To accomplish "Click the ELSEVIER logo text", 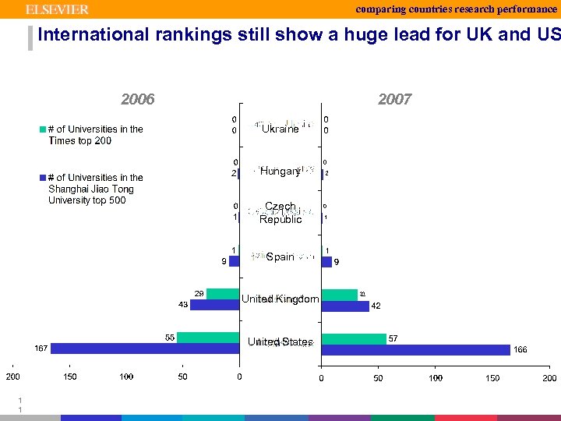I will coord(58,9).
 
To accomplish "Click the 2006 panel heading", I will coord(138,99).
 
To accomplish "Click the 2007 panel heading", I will coord(394,99).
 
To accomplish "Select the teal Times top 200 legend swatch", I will coord(43,129).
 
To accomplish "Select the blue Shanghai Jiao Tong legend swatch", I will coord(43,178).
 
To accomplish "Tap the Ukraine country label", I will coord(280,129).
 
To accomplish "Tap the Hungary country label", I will coord(280,171).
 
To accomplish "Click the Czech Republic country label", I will coord(280,213).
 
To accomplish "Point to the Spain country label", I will coord(280,256).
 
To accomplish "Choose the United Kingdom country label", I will coord(280,299).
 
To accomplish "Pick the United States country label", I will coord(280,342).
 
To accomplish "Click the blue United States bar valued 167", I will coord(144,348).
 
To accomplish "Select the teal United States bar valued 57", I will coord(354,338).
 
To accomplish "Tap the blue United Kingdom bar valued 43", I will coord(215,305).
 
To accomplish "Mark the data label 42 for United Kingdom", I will coord(376,306).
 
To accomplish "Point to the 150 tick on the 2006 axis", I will coord(70,377).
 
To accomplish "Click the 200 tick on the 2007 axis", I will coord(549,378).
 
